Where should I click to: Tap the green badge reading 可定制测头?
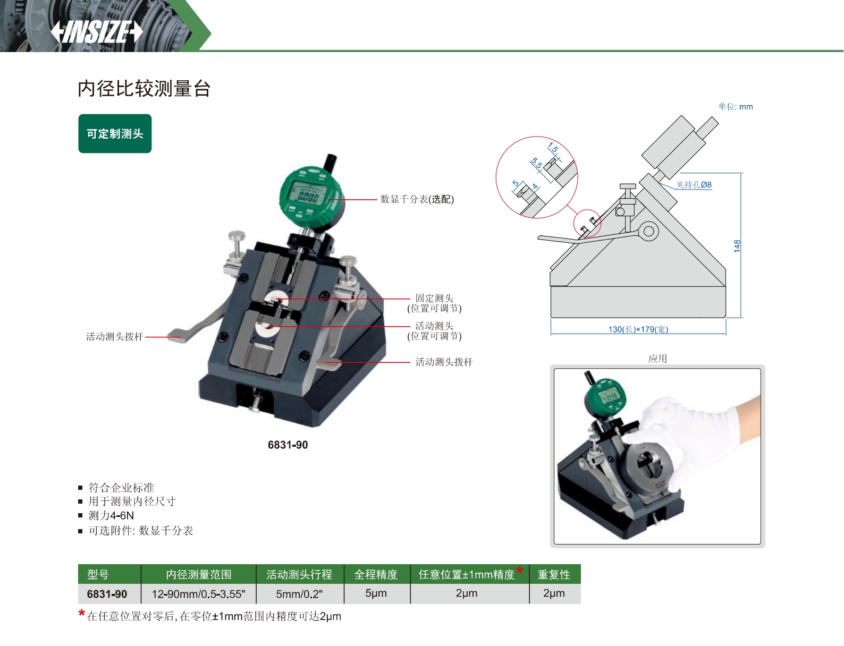click(x=115, y=133)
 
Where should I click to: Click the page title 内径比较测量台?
click(x=144, y=89)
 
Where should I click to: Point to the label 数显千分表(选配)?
click(x=417, y=199)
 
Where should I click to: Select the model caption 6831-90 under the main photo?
click(x=288, y=445)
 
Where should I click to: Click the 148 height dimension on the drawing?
click(x=737, y=246)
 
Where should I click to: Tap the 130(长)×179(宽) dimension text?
click(x=638, y=329)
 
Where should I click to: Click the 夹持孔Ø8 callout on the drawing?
click(x=694, y=185)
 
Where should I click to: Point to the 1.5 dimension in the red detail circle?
click(x=553, y=148)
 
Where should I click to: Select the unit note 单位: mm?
click(x=735, y=107)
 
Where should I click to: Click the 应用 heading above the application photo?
click(x=657, y=358)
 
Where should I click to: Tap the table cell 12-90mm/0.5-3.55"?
click(x=198, y=594)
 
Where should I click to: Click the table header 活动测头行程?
click(x=299, y=574)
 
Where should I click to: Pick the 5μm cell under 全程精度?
click(x=376, y=593)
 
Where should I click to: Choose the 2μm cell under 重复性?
click(x=554, y=593)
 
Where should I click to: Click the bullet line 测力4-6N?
click(x=111, y=515)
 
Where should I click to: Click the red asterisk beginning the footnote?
click(x=81, y=614)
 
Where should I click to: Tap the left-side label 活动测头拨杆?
click(x=115, y=337)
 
